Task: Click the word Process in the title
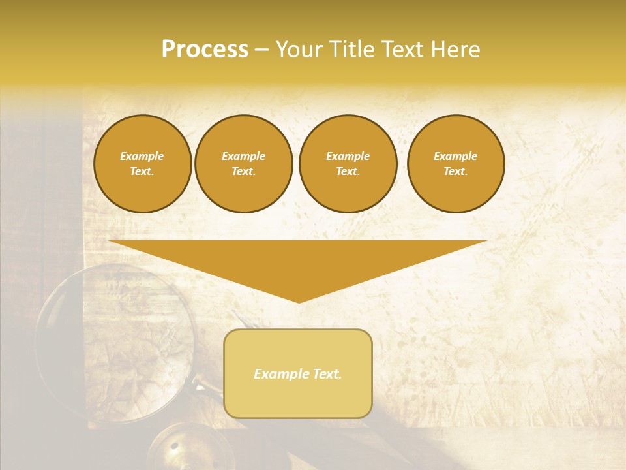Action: (x=205, y=50)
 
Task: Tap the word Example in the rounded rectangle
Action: (x=281, y=374)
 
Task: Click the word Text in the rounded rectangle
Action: (x=327, y=374)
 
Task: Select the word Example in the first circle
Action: (x=142, y=156)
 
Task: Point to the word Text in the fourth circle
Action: (x=455, y=172)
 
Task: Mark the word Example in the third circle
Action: (x=348, y=156)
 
